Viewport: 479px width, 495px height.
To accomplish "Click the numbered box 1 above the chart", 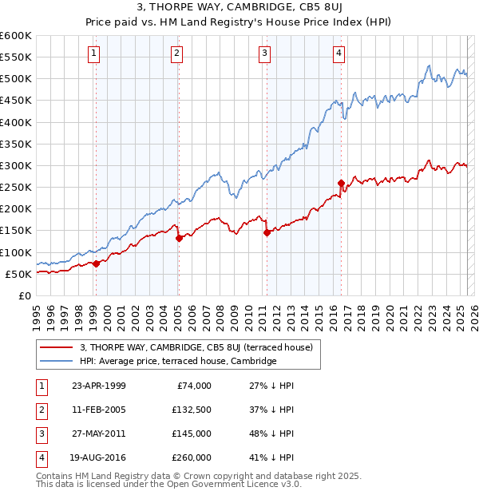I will click(94, 53).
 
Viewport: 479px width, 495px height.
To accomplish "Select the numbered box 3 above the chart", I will click(264, 53).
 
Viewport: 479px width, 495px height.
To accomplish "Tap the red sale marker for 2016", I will click(341, 183).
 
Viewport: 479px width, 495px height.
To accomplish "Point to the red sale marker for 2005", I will click(179, 238).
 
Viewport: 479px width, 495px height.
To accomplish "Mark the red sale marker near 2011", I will click(267, 233).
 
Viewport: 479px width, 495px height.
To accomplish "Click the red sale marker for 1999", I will click(96, 263).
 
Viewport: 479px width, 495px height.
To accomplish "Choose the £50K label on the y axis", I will click(18, 274).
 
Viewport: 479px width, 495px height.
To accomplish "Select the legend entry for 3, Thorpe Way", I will click(200, 347).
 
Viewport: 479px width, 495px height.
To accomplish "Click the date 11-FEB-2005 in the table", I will click(98, 410).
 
